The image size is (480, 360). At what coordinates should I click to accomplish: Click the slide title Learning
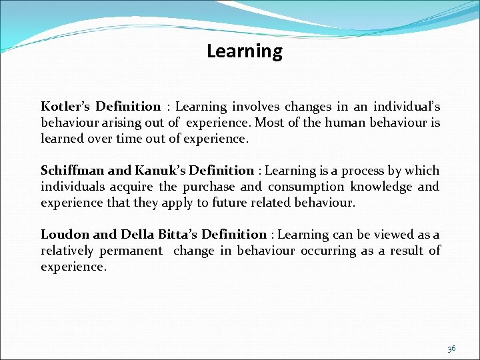(x=244, y=51)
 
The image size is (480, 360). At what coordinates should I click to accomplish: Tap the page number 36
(x=451, y=348)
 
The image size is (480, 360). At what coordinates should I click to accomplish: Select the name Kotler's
(x=65, y=107)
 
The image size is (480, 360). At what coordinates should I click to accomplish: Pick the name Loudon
(x=64, y=235)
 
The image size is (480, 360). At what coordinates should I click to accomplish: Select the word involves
(x=255, y=107)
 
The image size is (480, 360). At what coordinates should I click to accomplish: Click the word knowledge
(x=379, y=187)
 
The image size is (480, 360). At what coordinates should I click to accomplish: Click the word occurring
(x=329, y=251)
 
